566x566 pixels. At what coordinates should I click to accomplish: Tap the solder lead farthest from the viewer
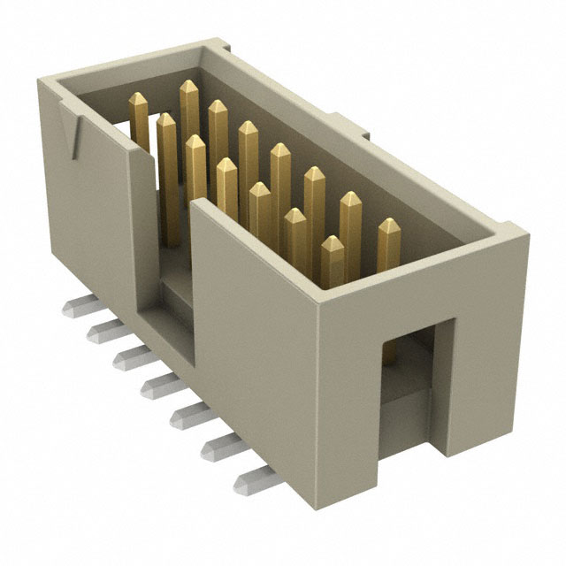point(75,308)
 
